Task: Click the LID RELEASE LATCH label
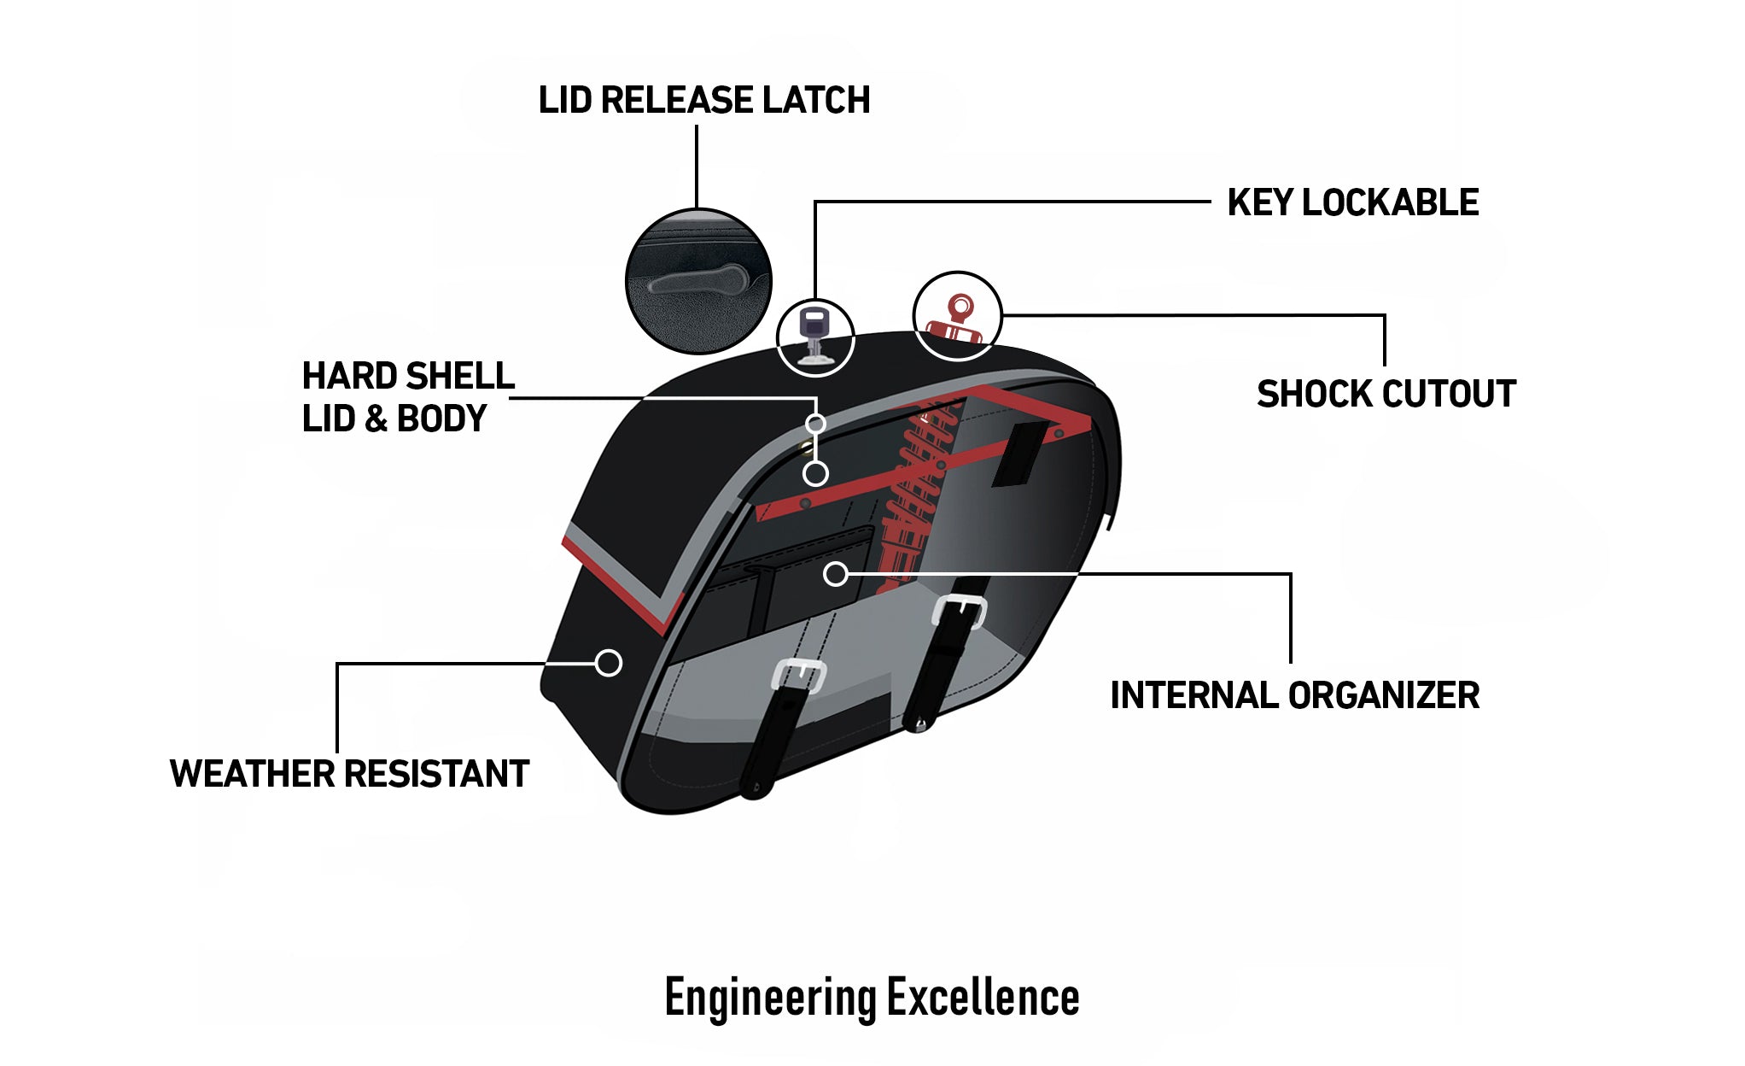pyautogui.click(x=703, y=100)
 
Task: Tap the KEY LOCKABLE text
pyautogui.click(x=1352, y=203)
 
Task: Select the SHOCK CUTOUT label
pyautogui.click(x=1386, y=395)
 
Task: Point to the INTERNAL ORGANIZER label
pyautogui.click(x=1294, y=695)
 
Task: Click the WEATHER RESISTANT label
pyautogui.click(x=349, y=774)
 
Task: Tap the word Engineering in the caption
pyautogui.click(x=770, y=998)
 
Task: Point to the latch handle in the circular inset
pyautogui.click(x=697, y=280)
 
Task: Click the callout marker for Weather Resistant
pyautogui.click(x=609, y=663)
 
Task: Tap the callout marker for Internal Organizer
pyautogui.click(x=836, y=574)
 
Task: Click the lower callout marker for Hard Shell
pyautogui.click(x=816, y=473)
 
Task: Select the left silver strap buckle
pyautogui.click(x=798, y=676)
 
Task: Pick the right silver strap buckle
pyautogui.click(x=960, y=610)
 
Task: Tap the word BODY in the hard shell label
pyautogui.click(x=441, y=419)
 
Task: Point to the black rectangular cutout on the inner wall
pyautogui.click(x=1021, y=454)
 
